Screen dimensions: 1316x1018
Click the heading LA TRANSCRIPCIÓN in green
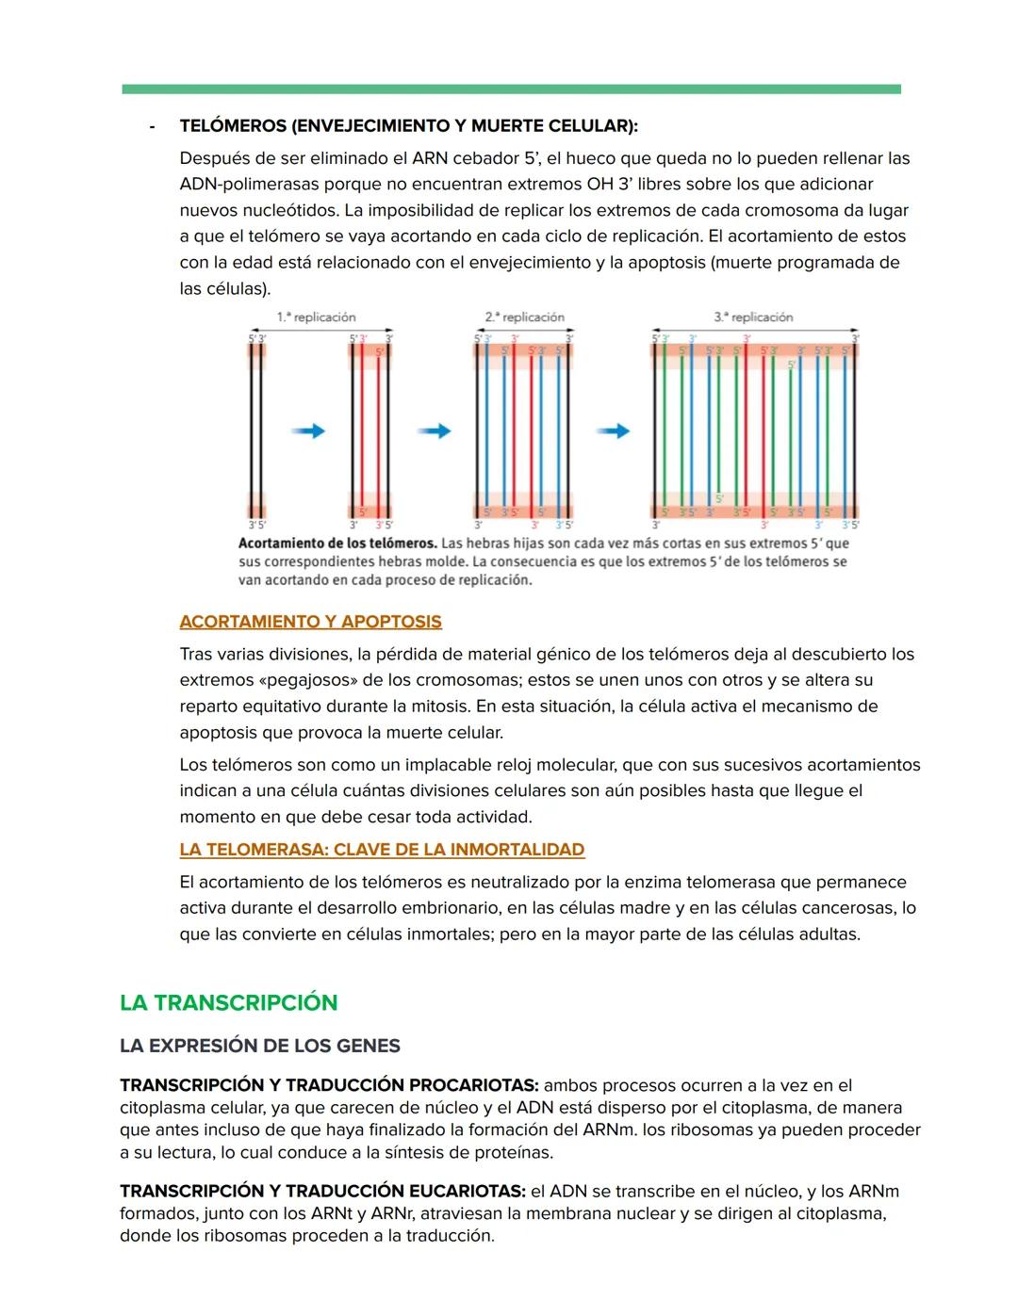(228, 1002)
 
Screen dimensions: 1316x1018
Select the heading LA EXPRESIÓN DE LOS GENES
(259, 1046)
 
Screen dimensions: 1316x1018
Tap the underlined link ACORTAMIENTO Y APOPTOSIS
(310, 622)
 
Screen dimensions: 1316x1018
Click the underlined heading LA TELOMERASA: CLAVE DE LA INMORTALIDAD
(382, 850)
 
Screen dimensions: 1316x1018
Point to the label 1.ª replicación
(316, 317)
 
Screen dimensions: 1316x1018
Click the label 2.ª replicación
(525, 317)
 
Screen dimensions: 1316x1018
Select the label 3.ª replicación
(753, 317)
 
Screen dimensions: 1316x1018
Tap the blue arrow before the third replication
(613, 431)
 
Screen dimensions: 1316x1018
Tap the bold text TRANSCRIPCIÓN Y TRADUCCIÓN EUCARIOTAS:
(321, 1191)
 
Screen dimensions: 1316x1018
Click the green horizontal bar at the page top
(511, 89)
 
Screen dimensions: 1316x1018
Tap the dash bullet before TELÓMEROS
(152, 126)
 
